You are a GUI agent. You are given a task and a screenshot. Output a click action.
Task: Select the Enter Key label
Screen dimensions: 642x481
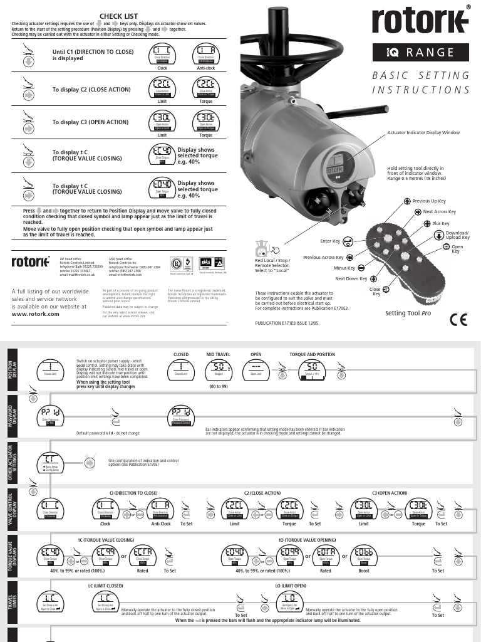tap(329, 241)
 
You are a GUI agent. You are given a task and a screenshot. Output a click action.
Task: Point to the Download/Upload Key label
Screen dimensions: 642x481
tap(457, 236)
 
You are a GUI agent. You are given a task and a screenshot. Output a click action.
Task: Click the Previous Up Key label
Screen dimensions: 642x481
tap(429, 201)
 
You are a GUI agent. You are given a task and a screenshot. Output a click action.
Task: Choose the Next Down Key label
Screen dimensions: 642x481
tap(351, 278)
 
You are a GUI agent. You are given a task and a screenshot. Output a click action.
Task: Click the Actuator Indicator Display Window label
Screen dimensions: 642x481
tap(423, 133)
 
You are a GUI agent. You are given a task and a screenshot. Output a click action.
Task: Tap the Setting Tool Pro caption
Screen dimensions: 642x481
tap(408, 312)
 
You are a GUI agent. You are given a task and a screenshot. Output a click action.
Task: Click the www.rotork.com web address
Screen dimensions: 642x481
tap(36, 314)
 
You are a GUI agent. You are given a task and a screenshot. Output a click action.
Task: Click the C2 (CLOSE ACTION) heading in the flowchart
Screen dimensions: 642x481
tap(263, 493)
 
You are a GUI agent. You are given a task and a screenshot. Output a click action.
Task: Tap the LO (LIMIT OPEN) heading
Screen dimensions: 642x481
tap(291, 585)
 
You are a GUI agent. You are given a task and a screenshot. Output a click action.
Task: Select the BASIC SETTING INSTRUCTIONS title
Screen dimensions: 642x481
tap(421, 83)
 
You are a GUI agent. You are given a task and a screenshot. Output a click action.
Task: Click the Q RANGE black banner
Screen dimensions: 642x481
tap(420, 53)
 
